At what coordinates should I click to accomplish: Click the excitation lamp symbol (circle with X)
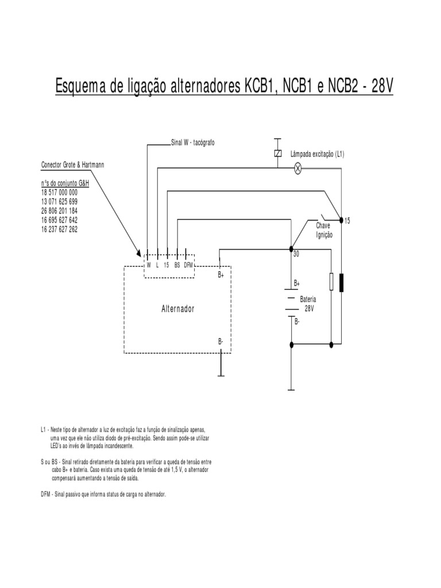click(298, 168)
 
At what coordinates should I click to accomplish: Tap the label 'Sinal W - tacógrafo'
click(192, 142)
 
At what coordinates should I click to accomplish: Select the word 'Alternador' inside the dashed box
click(177, 309)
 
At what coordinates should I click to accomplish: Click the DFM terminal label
click(188, 265)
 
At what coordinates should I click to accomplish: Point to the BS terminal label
click(177, 265)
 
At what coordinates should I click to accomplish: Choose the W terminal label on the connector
click(148, 265)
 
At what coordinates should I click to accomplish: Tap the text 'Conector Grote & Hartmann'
click(72, 165)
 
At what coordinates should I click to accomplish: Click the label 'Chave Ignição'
click(324, 230)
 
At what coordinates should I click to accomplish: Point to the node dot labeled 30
click(291, 249)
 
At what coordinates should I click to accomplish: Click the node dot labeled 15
click(341, 220)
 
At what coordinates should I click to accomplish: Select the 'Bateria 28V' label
click(308, 304)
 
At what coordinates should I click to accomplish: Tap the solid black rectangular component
click(341, 283)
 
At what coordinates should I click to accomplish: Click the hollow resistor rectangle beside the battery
click(331, 282)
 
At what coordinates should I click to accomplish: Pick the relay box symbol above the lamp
click(278, 153)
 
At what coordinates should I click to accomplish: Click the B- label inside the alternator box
click(221, 342)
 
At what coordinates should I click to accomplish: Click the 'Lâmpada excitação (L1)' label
click(318, 154)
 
